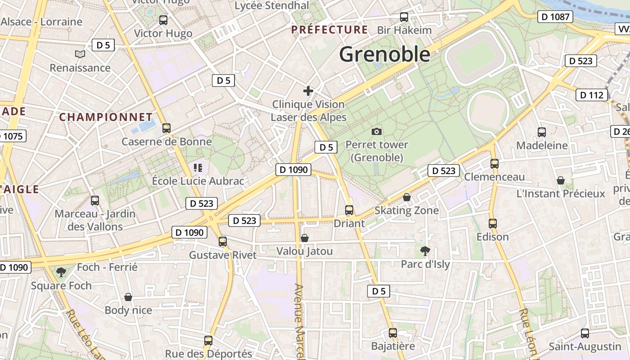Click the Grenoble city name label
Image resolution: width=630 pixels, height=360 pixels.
click(x=385, y=54)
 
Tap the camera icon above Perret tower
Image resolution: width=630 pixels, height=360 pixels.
click(x=377, y=131)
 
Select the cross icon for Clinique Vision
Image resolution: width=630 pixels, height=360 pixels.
click(x=308, y=91)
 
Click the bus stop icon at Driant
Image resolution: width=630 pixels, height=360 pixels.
click(x=349, y=210)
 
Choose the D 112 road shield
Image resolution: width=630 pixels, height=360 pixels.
click(x=592, y=95)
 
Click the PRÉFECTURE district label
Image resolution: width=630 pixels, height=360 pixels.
click(x=329, y=30)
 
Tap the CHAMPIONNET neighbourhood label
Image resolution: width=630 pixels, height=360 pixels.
click(x=106, y=117)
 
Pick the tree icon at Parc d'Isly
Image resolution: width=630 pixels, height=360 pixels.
click(x=425, y=251)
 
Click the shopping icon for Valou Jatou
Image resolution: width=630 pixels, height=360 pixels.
click(x=305, y=238)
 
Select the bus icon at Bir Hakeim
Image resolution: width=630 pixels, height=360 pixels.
click(x=404, y=17)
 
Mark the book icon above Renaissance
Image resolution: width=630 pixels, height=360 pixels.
click(x=80, y=54)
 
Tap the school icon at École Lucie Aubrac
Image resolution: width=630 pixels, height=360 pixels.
click(x=198, y=168)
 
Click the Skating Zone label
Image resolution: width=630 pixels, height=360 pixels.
click(x=406, y=210)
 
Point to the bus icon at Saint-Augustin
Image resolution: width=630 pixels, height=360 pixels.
click(x=585, y=333)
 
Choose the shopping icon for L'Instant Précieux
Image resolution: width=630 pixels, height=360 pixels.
click(x=561, y=180)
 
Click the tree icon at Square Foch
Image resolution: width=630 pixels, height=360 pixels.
click(x=61, y=272)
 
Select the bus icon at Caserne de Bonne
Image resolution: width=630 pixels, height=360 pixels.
click(x=166, y=128)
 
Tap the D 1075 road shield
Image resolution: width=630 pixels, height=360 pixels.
click(x=12, y=136)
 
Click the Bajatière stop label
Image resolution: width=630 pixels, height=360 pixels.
click(x=393, y=346)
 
